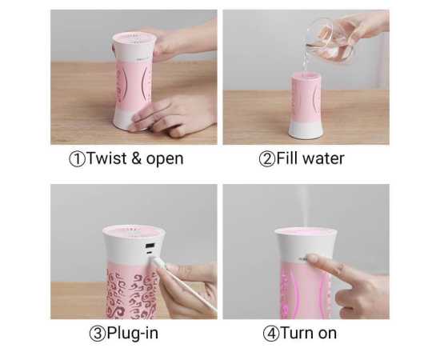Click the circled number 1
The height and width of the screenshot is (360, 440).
point(76,158)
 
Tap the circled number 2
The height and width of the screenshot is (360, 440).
point(266,158)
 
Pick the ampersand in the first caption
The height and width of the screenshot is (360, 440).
point(137,158)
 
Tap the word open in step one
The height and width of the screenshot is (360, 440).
point(166,159)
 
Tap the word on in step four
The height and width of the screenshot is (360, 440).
point(326,334)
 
